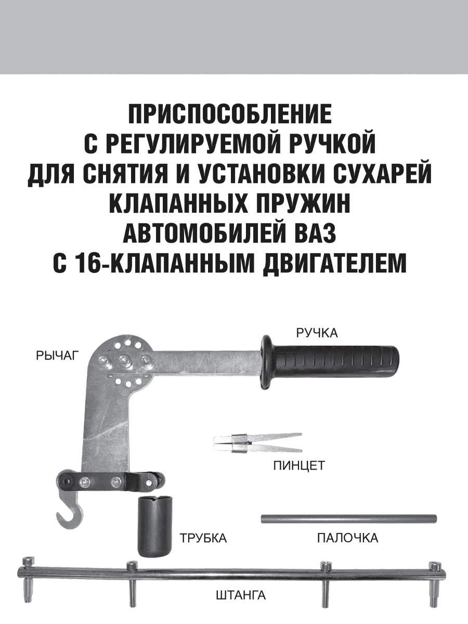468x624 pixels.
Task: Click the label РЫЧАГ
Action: pos(57,356)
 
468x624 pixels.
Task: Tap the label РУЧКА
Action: pos(317,332)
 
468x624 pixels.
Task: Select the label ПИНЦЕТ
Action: pos(298,465)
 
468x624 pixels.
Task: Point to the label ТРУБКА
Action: pos(203,538)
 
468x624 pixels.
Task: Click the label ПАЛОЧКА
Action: pos(347,538)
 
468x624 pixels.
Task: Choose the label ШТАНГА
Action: pos(240,595)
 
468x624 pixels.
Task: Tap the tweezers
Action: pos(257,443)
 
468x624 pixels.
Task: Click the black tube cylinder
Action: pos(154,526)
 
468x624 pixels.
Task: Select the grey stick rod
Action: pos(348,518)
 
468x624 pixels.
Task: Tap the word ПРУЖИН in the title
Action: pos(303,204)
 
